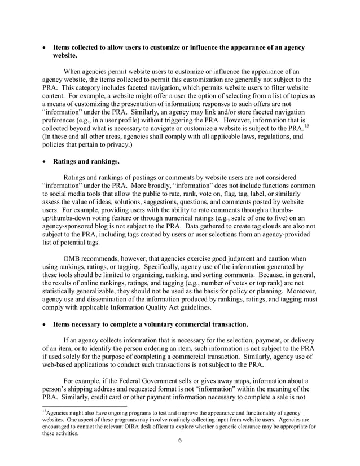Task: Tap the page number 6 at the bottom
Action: (179, 456)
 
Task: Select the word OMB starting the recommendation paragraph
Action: (74, 257)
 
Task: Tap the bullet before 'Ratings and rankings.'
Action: (45, 161)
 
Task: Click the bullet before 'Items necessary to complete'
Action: (45, 325)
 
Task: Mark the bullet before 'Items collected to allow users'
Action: (45, 48)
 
